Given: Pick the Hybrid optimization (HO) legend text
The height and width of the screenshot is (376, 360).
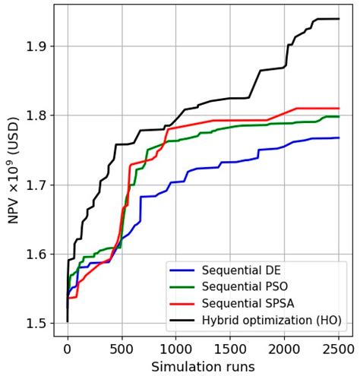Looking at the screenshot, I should pos(272,320).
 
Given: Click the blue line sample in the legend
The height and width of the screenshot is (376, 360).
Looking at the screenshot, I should pos(185,270).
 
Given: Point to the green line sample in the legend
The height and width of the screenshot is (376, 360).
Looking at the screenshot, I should pos(185,287).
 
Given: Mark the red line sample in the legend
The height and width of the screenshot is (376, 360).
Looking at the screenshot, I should pos(185,304).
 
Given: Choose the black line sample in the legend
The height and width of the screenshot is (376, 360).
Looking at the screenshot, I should pos(185,320).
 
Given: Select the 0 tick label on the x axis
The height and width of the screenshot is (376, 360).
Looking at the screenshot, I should pos(68,349).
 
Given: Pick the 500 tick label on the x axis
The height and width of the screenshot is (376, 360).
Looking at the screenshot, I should pos(122,349).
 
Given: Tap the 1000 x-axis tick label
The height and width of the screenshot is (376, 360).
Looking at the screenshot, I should pos(176,349).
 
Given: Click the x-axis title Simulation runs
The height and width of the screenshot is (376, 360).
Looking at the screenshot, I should pos(203,366).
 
